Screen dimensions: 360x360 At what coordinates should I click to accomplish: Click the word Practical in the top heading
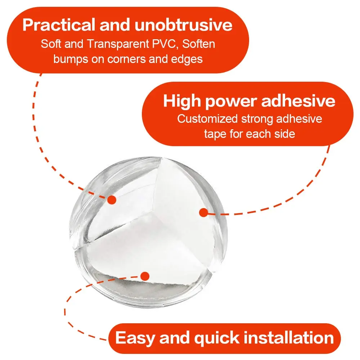pyautogui.click(x=59, y=25)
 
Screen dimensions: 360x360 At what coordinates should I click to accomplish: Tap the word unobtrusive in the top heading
pyautogui.click(x=184, y=25)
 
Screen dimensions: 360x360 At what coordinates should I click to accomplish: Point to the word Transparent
pyautogui.click(x=118, y=44)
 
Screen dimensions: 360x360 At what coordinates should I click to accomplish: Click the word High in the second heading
pyautogui.click(x=183, y=101)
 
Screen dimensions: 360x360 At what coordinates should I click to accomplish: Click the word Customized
pyautogui.click(x=207, y=119)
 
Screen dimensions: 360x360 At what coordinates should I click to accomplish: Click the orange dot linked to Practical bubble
pyautogui.click(x=112, y=200)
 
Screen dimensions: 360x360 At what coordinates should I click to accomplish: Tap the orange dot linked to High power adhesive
pyautogui.click(x=204, y=213)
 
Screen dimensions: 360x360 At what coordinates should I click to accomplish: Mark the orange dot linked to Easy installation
pyautogui.click(x=145, y=276)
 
